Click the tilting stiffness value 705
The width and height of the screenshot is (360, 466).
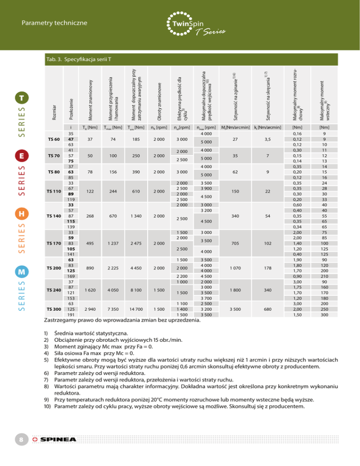click(234, 243)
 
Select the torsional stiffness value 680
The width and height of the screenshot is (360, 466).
click(267, 309)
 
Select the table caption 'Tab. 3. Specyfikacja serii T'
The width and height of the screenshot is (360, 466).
click(78, 60)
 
